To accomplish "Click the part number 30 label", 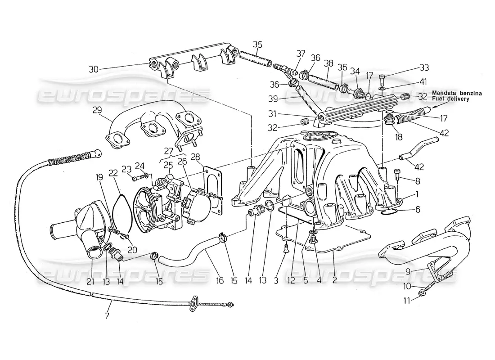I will point(94,69).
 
